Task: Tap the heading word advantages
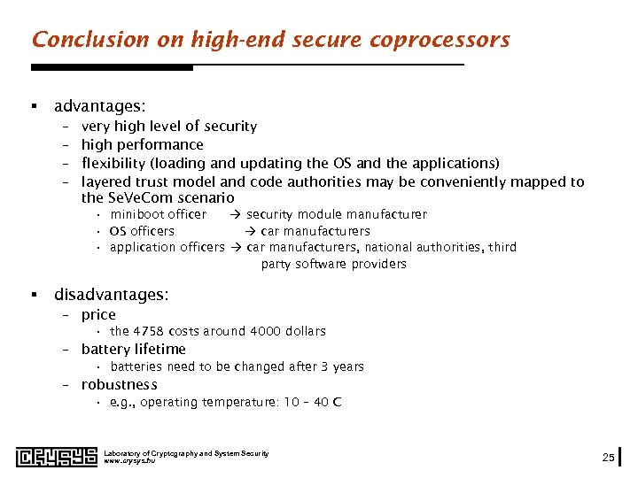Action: pyautogui.click(x=99, y=106)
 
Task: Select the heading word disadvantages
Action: pyautogui.click(x=111, y=294)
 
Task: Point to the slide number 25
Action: pyautogui.click(x=608, y=457)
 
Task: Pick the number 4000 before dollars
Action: pyautogui.click(x=264, y=331)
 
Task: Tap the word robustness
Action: pyautogui.click(x=119, y=385)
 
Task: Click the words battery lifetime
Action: pyautogui.click(x=133, y=349)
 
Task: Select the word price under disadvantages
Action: pyautogui.click(x=98, y=314)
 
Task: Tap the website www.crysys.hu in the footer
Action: pyautogui.click(x=129, y=461)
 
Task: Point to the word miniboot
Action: pyautogui.click(x=136, y=214)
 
